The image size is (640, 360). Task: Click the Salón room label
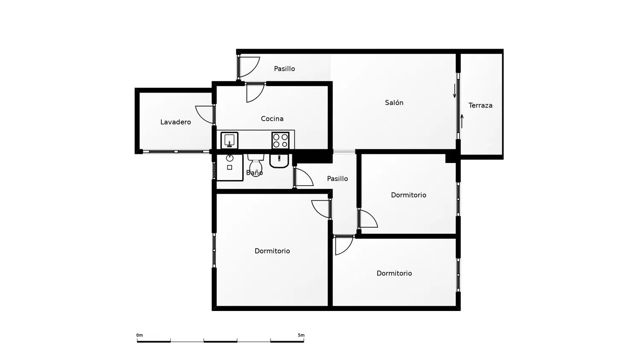394,102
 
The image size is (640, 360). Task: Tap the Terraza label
480,105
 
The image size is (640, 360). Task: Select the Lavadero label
175,122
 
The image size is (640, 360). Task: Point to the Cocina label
272,119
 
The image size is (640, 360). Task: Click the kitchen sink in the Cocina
230,140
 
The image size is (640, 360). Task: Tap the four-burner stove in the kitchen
280,140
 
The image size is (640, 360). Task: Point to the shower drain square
230,168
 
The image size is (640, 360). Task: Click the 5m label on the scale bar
301,335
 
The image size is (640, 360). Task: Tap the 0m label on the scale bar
140,335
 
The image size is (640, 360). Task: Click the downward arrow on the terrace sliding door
454,91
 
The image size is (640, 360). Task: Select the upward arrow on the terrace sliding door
462,122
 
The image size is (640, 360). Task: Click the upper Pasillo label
284,69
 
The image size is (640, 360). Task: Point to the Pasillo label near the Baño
337,179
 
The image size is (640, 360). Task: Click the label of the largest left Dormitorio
272,251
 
